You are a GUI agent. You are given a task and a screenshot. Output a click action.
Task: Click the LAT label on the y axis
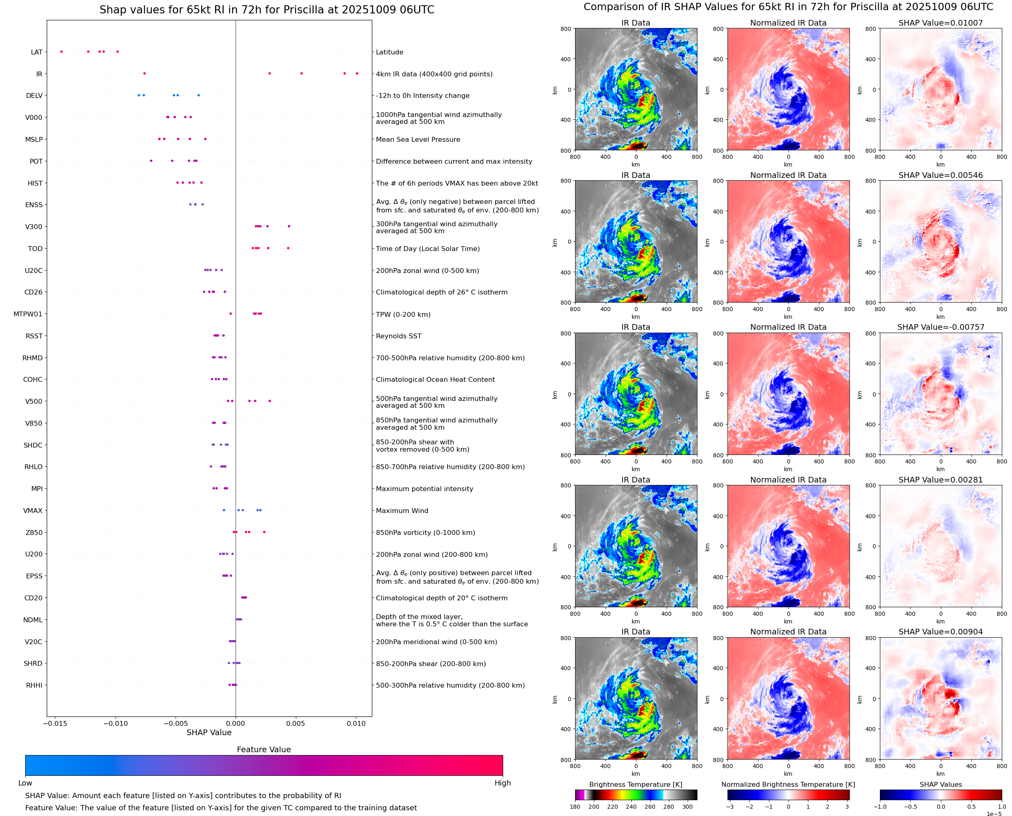(x=37, y=52)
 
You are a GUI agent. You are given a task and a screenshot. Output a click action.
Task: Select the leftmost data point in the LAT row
(x=62, y=52)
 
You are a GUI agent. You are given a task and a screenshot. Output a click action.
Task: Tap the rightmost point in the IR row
(x=357, y=74)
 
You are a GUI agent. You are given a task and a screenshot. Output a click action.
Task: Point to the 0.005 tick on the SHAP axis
(x=295, y=723)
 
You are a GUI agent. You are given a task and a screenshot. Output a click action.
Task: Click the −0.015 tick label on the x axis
(x=55, y=723)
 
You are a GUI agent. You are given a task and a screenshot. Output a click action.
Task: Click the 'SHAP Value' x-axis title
(x=209, y=732)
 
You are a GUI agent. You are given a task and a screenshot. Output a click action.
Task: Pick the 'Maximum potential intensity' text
(x=424, y=489)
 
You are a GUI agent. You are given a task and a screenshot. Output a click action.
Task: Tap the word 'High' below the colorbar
(x=502, y=783)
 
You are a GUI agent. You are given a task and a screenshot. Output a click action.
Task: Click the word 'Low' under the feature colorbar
(x=25, y=783)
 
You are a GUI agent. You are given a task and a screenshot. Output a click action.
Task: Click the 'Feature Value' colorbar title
(x=264, y=749)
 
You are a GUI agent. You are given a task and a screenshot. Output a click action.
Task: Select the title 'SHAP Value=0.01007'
(x=940, y=23)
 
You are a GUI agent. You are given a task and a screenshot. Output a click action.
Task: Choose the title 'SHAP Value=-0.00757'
(x=940, y=327)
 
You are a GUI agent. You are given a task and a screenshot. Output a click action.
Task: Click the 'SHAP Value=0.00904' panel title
(x=940, y=632)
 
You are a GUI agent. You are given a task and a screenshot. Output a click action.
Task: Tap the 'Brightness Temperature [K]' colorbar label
(x=635, y=784)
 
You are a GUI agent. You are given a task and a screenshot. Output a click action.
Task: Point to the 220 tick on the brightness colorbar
(x=612, y=807)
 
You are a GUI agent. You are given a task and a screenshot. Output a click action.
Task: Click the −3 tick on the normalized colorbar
(x=730, y=807)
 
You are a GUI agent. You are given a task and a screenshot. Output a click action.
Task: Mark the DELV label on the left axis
(x=34, y=96)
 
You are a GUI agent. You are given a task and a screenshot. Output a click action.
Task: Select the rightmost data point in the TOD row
(x=288, y=248)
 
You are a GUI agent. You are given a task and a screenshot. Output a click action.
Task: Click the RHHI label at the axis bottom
(x=34, y=685)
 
